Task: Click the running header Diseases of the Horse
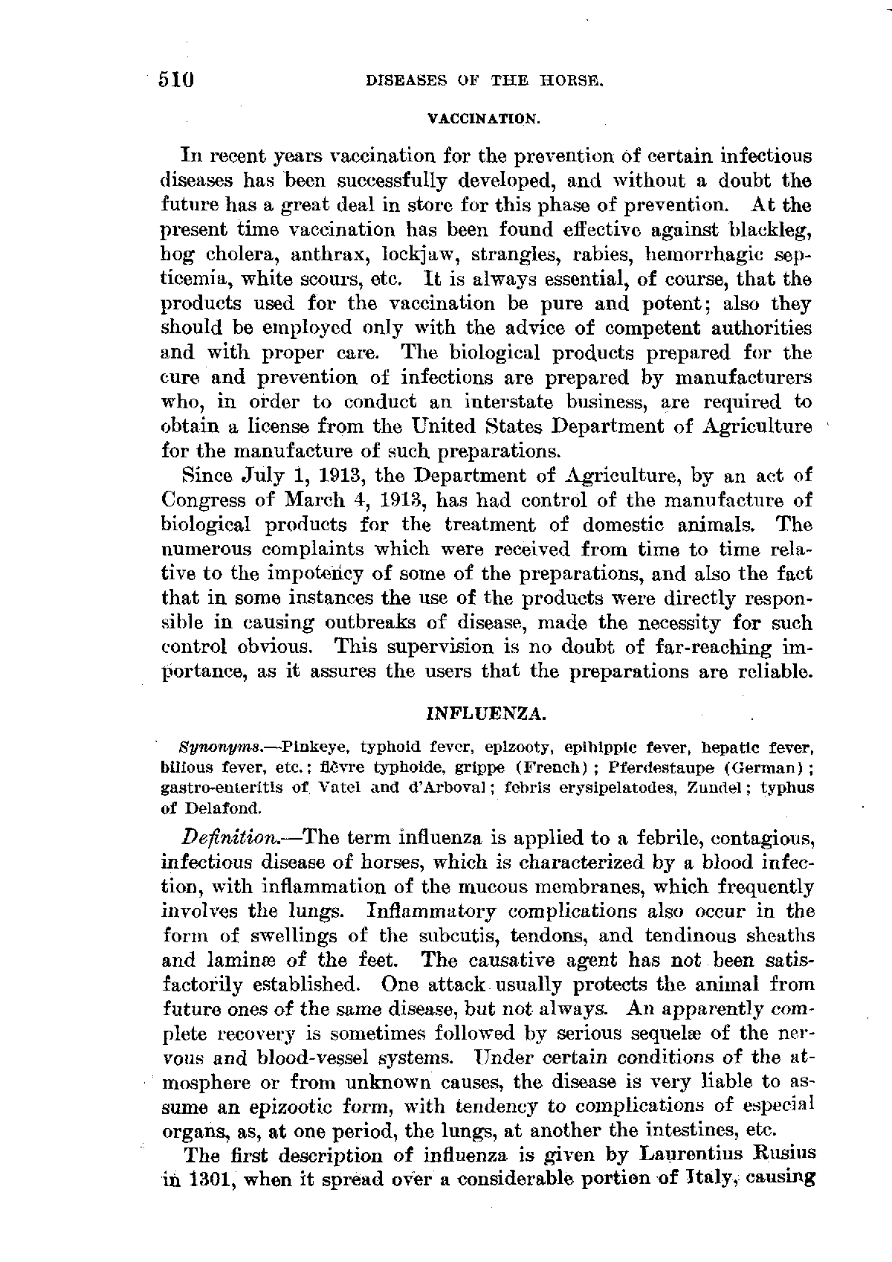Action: pyautogui.click(x=484, y=81)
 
